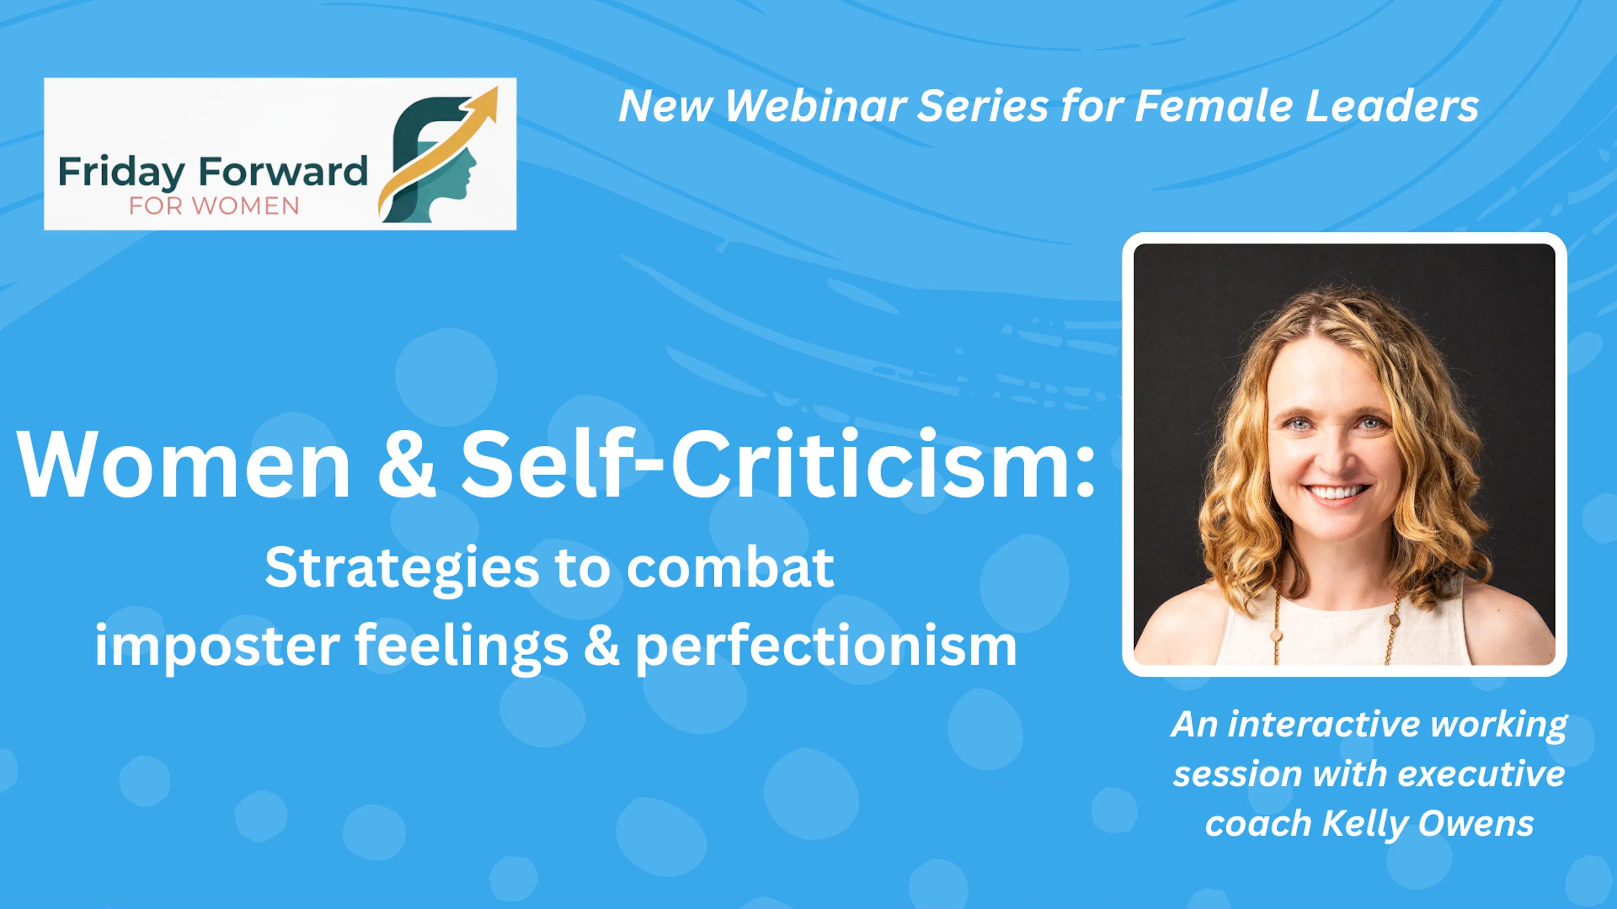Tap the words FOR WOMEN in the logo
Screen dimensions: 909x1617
[214, 206]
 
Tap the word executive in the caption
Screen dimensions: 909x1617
[1481, 773]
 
